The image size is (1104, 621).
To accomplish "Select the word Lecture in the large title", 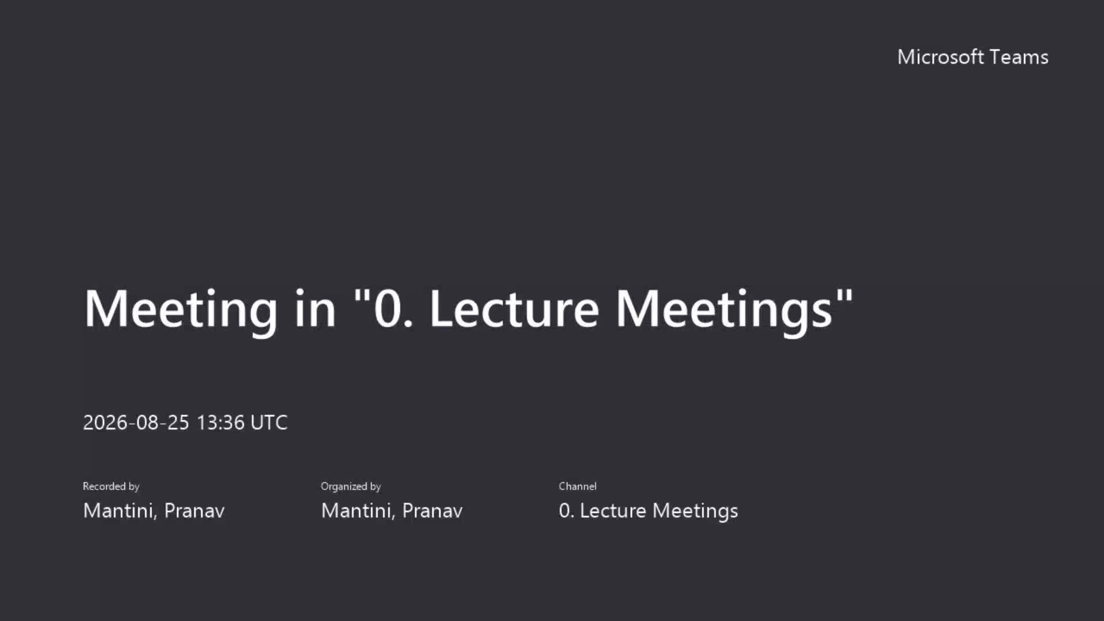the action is [x=515, y=309].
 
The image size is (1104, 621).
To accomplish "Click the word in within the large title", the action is [x=315, y=309].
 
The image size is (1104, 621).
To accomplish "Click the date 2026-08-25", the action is [x=136, y=423].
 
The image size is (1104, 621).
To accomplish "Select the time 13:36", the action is [x=221, y=423].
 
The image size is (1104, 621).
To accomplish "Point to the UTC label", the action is [x=269, y=423].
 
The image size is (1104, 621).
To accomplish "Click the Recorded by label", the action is [x=111, y=486].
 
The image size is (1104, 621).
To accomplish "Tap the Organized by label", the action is [x=351, y=486].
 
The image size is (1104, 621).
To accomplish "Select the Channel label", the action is [x=577, y=486].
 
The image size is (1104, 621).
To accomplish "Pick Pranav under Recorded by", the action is [x=194, y=511].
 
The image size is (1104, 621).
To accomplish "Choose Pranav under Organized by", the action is [x=432, y=511].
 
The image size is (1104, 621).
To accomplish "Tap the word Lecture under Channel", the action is [x=613, y=511].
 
